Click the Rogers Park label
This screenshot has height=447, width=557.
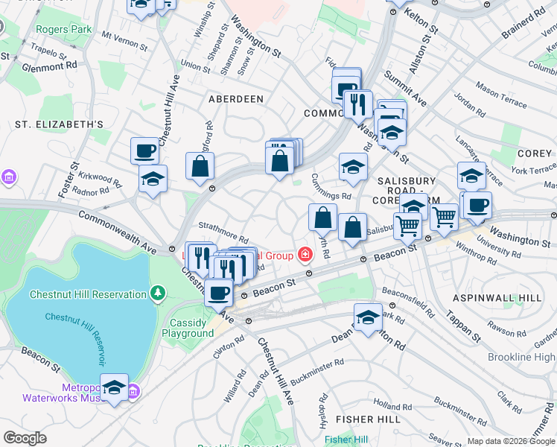click(63, 30)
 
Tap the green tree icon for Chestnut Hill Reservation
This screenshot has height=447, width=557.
click(156, 294)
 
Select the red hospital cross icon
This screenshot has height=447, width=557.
click(304, 256)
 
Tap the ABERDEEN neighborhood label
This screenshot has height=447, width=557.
click(235, 98)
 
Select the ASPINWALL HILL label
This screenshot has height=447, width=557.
click(503, 298)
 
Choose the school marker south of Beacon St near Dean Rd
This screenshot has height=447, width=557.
click(368, 317)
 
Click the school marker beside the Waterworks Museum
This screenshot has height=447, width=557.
click(114, 387)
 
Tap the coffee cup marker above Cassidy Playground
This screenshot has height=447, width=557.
click(218, 292)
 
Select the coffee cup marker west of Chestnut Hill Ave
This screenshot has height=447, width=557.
click(144, 150)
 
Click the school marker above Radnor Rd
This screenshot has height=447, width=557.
click(153, 179)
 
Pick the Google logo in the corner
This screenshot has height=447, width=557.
click(25, 438)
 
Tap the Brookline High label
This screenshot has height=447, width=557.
click(521, 357)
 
